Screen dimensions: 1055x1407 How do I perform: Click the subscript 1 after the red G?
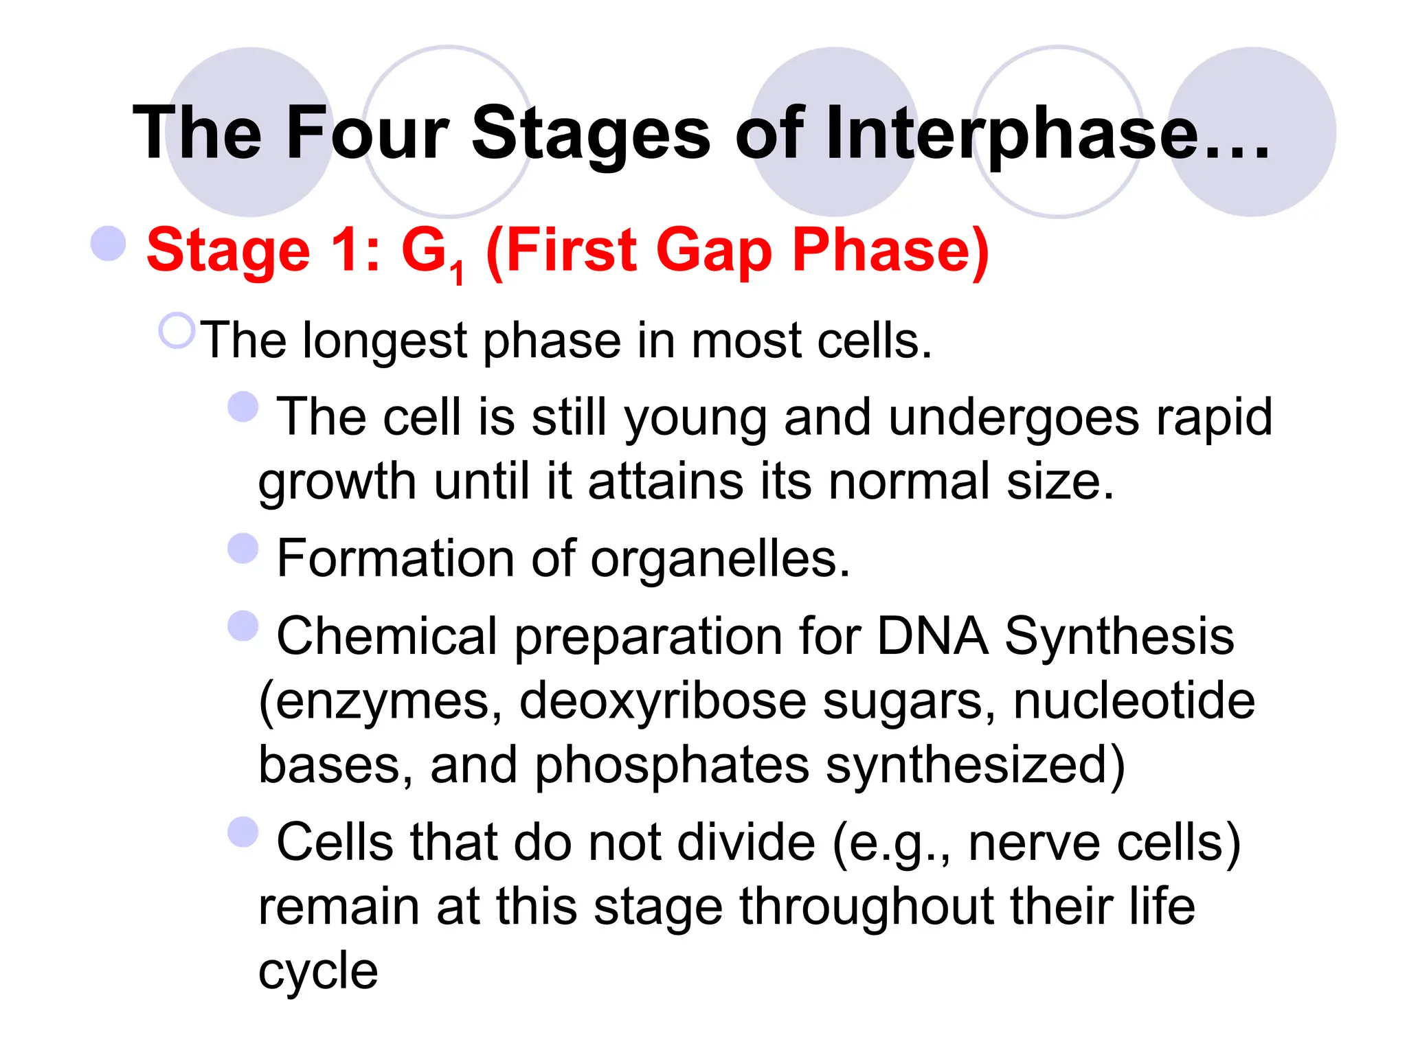(x=458, y=275)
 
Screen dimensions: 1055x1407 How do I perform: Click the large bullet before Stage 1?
(x=109, y=244)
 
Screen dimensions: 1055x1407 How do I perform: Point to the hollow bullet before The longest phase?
(x=177, y=331)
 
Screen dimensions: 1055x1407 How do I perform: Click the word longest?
(x=385, y=341)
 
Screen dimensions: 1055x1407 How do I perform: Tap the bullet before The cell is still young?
(x=243, y=407)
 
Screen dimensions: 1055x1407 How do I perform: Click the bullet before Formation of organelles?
(x=243, y=548)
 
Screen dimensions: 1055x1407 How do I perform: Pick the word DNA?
(x=932, y=636)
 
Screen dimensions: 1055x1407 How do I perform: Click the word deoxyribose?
(x=662, y=701)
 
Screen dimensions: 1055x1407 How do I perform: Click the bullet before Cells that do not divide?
(x=243, y=832)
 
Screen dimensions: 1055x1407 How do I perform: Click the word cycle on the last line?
(x=318, y=973)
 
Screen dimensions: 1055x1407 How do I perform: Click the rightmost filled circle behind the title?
(x=1252, y=132)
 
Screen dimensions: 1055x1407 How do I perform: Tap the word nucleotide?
(x=1134, y=701)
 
